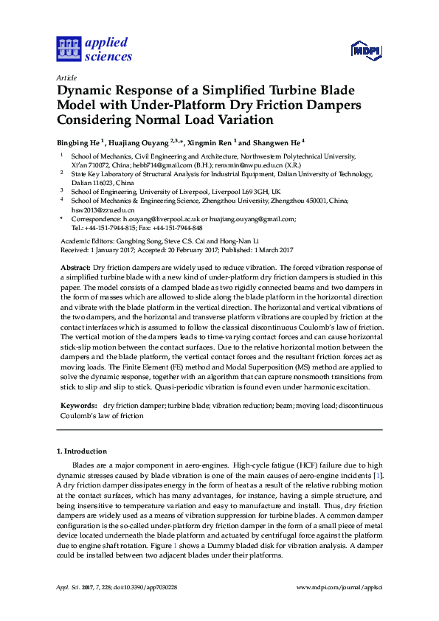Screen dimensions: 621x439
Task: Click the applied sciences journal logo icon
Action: pyautogui.click(x=67, y=49)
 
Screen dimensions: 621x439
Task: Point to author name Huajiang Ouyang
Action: pyautogui.click(x=139, y=142)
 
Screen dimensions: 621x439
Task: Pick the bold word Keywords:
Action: pyautogui.click(x=77, y=406)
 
